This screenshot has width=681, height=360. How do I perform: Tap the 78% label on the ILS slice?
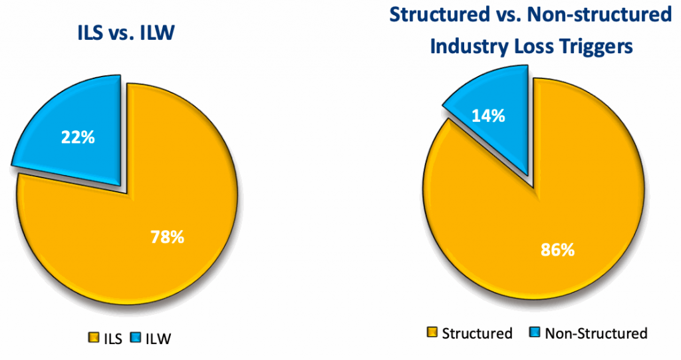point(167,236)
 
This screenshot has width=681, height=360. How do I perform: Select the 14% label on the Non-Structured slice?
point(489,115)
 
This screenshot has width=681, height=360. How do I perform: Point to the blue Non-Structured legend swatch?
point(534,333)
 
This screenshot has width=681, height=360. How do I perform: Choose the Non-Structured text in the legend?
point(595,333)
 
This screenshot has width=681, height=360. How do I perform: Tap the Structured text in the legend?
point(477,333)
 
